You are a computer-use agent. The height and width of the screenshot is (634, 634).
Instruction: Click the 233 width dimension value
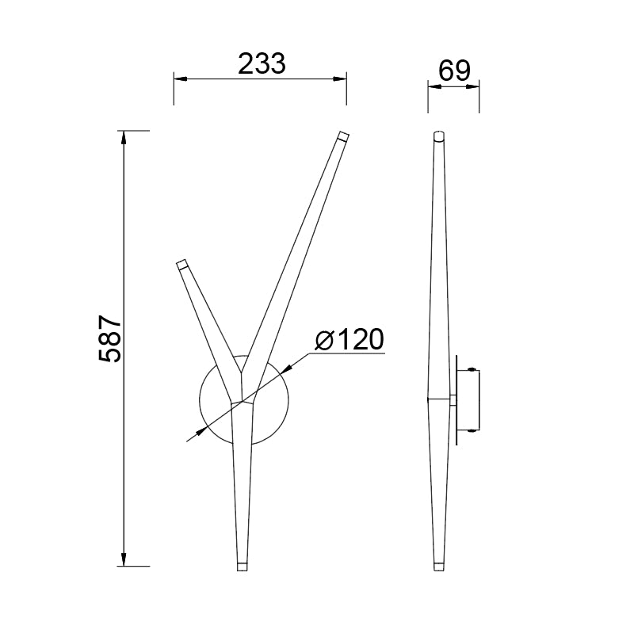tap(261, 63)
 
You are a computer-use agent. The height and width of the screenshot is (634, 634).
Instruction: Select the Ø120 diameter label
tap(349, 339)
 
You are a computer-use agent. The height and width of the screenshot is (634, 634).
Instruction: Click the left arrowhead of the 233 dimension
tap(179, 78)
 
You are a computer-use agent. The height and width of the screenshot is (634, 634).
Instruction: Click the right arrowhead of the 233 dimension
tap(341, 78)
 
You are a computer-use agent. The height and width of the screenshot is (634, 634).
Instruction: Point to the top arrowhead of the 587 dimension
tap(124, 136)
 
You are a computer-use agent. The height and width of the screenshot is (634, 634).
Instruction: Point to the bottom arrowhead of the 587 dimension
tap(124, 560)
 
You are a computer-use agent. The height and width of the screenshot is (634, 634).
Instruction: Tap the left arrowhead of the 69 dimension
tap(433, 88)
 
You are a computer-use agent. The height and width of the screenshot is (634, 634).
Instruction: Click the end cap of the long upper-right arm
tap(342, 136)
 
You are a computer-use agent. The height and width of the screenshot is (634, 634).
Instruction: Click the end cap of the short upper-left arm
tap(181, 264)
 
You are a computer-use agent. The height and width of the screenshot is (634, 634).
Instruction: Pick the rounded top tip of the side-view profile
tap(438, 134)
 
